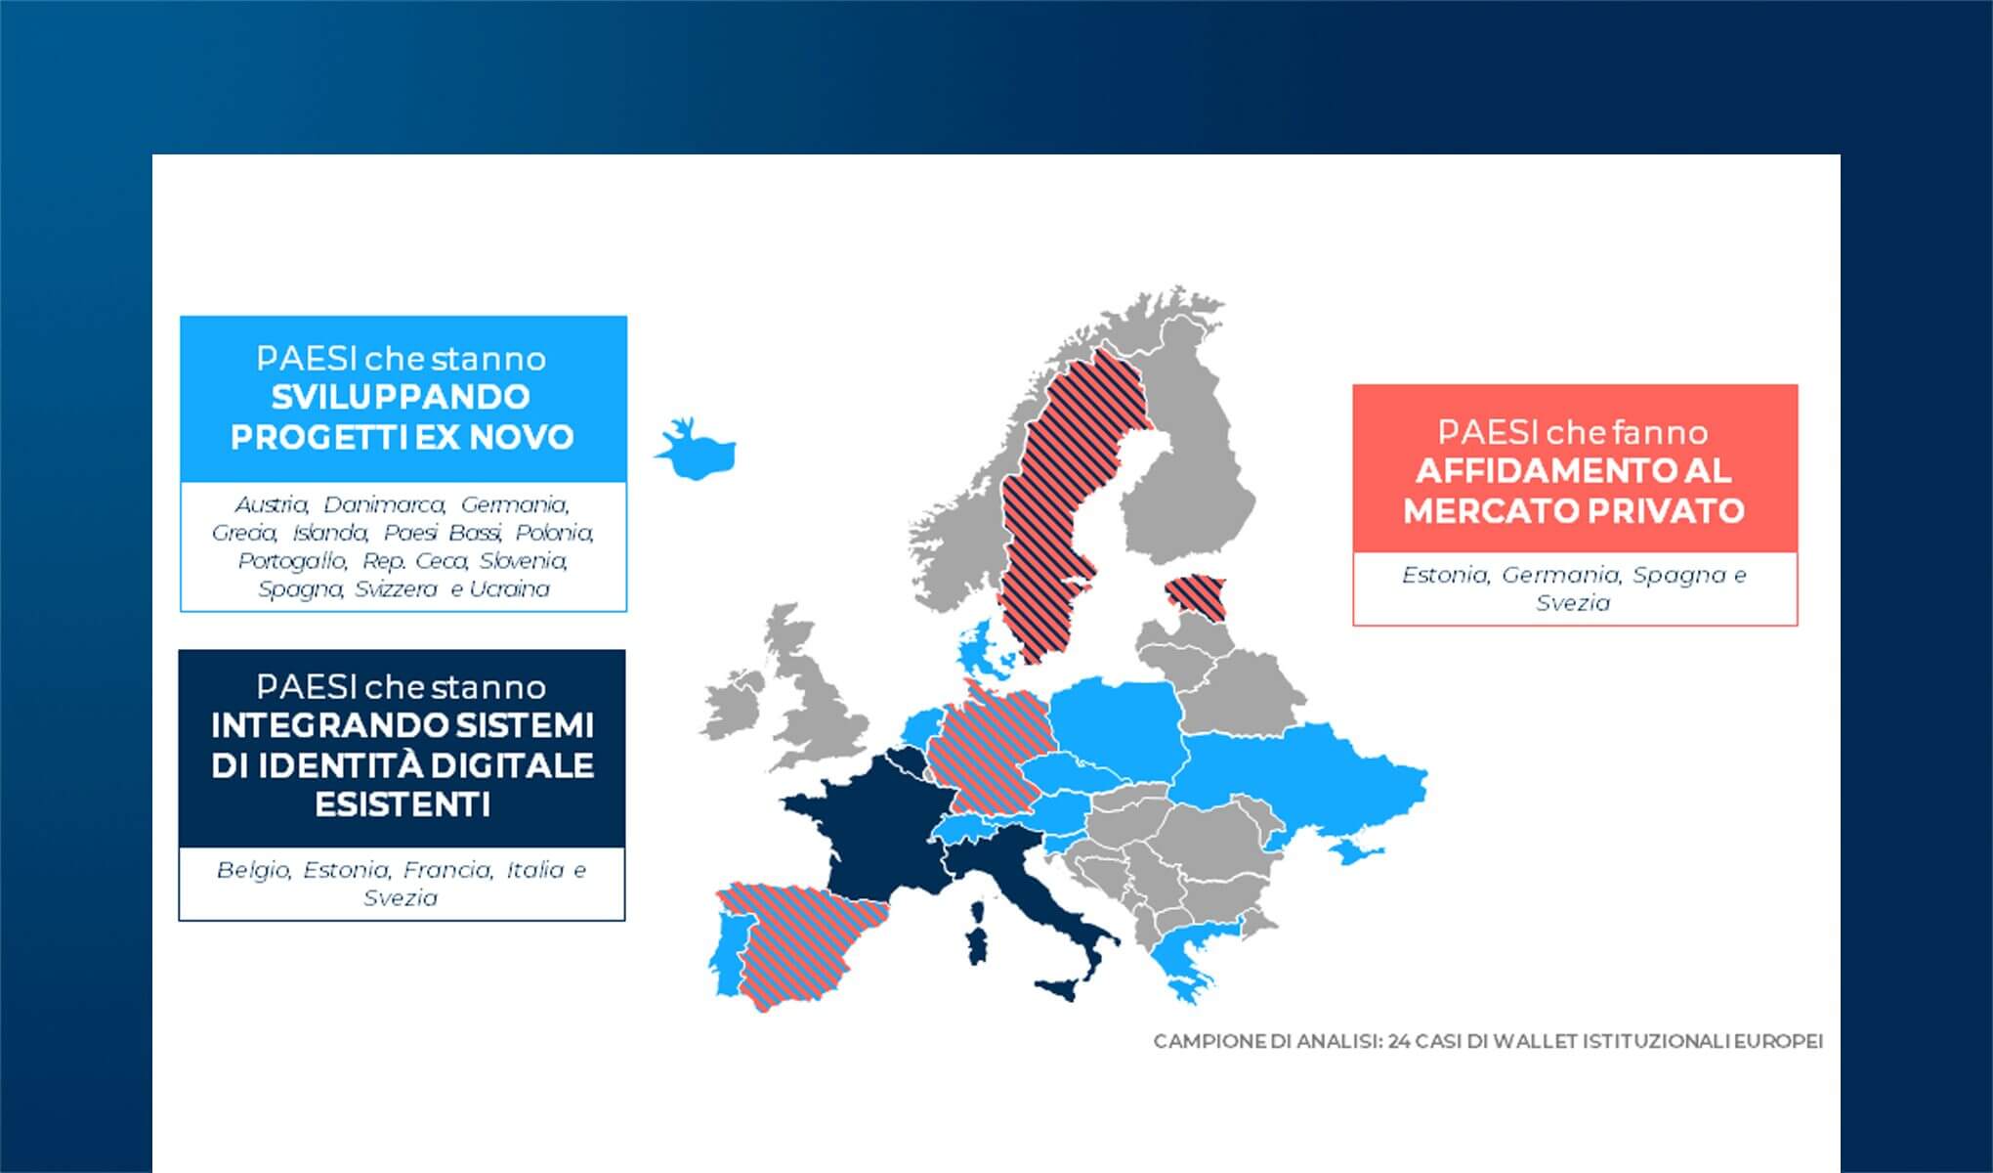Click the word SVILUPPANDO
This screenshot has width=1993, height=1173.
click(401, 397)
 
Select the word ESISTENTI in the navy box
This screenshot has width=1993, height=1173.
click(403, 804)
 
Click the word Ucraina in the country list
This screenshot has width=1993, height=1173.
click(509, 589)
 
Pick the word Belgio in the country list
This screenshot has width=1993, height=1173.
click(253, 870)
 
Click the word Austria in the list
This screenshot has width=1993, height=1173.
click(272, 504)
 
